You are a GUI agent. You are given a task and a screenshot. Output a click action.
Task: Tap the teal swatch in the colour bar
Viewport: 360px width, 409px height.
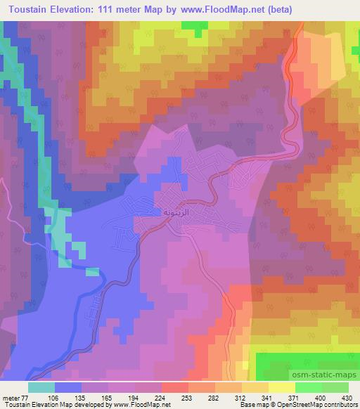tap(41, 387)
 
